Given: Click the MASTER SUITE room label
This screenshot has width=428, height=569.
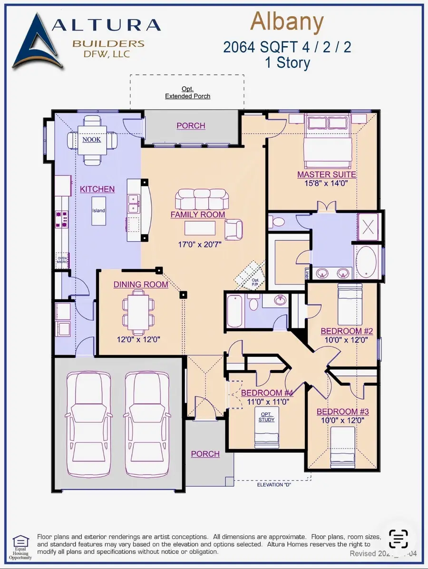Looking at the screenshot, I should (x=326, y=175).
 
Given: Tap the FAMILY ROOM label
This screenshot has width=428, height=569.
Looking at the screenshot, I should (x=198, y=215).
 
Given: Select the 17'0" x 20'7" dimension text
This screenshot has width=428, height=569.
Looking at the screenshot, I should (x=198, y=245).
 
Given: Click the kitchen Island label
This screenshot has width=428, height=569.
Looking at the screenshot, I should (x=99, y=210).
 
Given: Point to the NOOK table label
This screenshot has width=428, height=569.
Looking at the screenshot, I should (x=92, y=139).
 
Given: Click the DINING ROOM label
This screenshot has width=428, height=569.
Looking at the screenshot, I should (x=141, y=284).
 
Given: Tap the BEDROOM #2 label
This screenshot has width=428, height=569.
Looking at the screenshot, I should (x=347, y=331).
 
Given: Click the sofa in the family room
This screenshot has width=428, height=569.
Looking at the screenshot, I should (x=202, y=198).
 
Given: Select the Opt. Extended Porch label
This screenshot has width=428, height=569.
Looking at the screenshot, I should (x=187, y=92).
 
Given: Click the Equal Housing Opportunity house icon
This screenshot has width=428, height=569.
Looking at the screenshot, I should (x=20, y=541).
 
